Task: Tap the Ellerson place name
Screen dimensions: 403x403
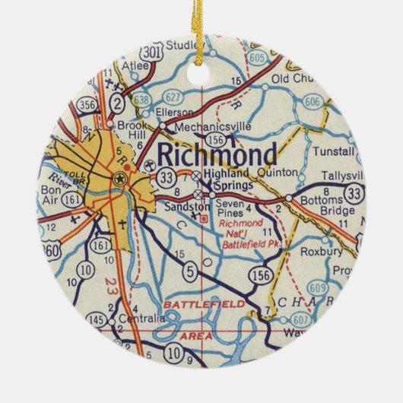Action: tap(170, 111)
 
